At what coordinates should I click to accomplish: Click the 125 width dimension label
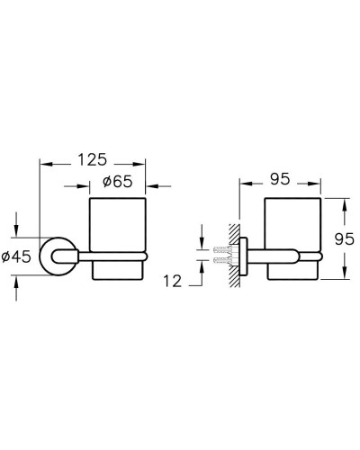93,159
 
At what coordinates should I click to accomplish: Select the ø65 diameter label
117,182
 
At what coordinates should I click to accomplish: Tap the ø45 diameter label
16,256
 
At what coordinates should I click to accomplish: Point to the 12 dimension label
173,281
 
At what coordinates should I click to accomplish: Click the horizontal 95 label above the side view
280,179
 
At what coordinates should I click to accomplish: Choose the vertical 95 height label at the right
345,239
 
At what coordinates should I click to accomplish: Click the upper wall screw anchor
222,249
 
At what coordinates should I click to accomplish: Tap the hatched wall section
234,256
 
